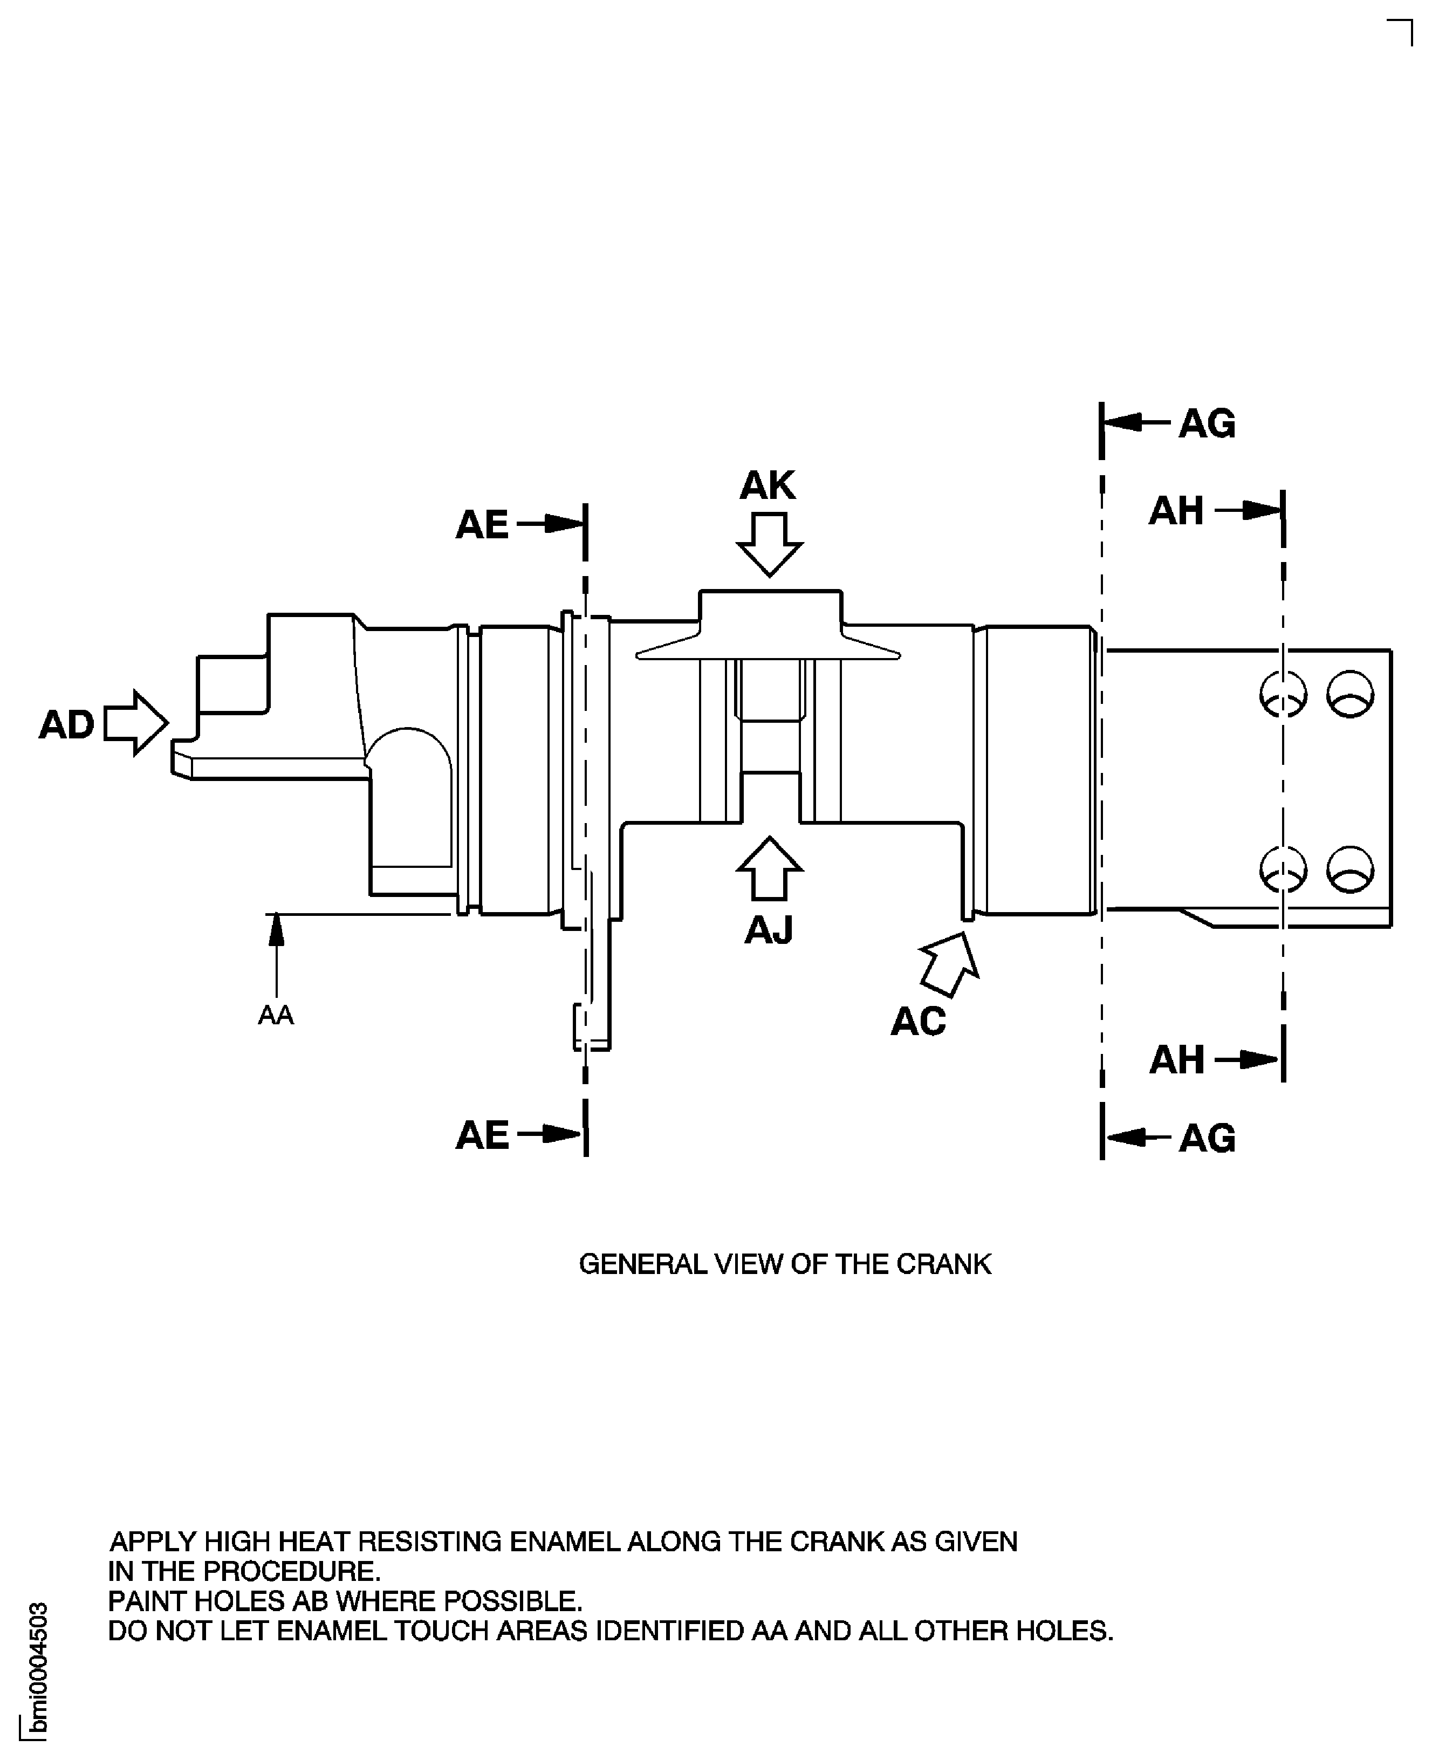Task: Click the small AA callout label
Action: (x=276, y=1015)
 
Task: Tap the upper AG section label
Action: (x=1207, y=424)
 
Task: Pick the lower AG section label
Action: (x=1207, y=1138)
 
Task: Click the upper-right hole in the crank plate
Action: (x=1351, y=694)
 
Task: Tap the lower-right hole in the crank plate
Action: (x=1351, y=869)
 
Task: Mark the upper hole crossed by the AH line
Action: (x=1284, y=694)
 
